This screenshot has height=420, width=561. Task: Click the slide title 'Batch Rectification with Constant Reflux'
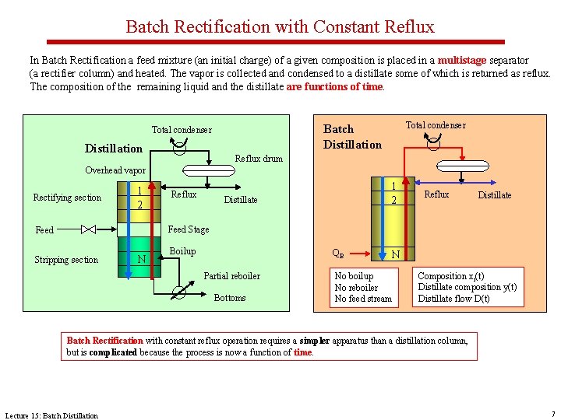point(280,26)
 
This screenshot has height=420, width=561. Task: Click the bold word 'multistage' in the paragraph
point(460,60)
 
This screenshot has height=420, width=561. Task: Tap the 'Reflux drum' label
point(259,159)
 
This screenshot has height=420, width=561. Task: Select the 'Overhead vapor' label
point(115,170)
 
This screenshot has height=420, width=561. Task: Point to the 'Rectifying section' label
point(67,198)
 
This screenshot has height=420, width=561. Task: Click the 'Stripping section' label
point(66,260)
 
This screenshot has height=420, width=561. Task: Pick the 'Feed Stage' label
point(189,229)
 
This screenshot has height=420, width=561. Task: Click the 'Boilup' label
point(182,251)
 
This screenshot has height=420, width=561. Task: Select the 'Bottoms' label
point(229,298)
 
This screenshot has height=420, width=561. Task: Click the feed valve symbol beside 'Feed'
point(88,229)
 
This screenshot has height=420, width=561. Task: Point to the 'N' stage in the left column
point(140,259)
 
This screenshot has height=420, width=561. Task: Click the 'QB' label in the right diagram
point(338,254)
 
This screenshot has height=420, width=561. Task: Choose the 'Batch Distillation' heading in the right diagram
point(352,137)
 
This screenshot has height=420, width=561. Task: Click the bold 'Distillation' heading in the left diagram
point(114,149)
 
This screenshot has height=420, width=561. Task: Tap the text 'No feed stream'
point(363,299)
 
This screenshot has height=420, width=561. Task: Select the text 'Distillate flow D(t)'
point(454,299)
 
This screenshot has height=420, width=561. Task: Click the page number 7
point(552,413)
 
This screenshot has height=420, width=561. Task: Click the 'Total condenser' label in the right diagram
point(436,125)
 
